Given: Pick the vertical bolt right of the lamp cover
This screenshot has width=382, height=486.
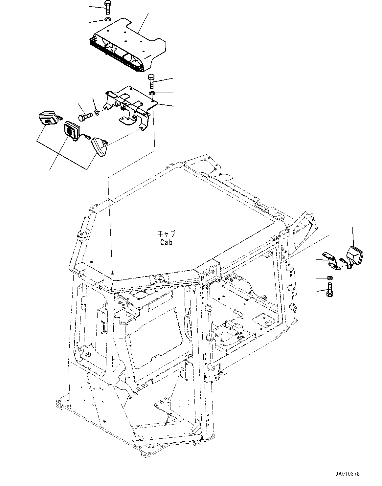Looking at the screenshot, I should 151,81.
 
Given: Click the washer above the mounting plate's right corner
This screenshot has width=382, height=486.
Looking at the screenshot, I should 152,94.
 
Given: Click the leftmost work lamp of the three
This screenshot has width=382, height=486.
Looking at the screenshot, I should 48,119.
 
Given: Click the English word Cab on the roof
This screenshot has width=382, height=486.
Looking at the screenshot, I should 166,242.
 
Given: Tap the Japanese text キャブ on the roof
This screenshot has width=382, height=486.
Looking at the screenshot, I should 166,234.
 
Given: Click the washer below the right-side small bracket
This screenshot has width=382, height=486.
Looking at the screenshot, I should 330,278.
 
